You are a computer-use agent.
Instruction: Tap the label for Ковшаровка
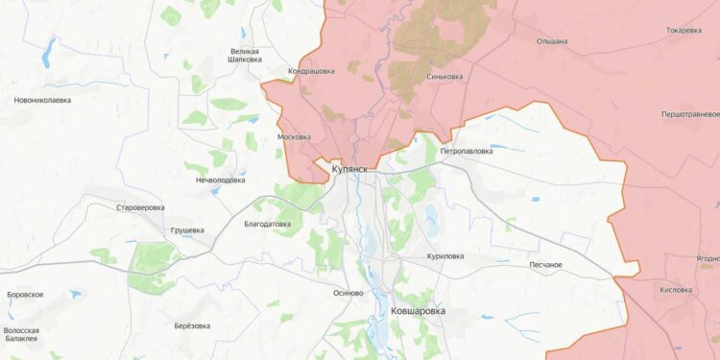pyautogui.click(x=424, y=312)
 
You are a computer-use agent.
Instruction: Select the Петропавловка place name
pyautogui.click(x=467, y=151)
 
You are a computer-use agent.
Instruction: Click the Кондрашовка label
pyautogui.click(x=311, y=71)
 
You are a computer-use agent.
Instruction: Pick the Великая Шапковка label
pyautogui.click(x=246, y=55)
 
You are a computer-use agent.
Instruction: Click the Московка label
pyautogui.click(x=294, y=136)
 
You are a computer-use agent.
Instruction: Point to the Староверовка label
pyautogui.click(x=140, y=207)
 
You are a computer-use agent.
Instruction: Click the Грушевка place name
pyautogui.click(x=187, y=230)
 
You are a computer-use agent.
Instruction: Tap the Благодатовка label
pyautogui.click(x=268, y=224)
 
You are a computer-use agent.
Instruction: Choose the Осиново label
pyautogui.click(x=348, y=293)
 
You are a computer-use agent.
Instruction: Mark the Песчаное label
pyautogui.click(x=545, y=264)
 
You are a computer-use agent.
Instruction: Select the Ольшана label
pyautogui.click(x=552, y=41)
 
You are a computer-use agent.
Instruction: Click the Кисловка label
pyautogui.click(x=676, y=289)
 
